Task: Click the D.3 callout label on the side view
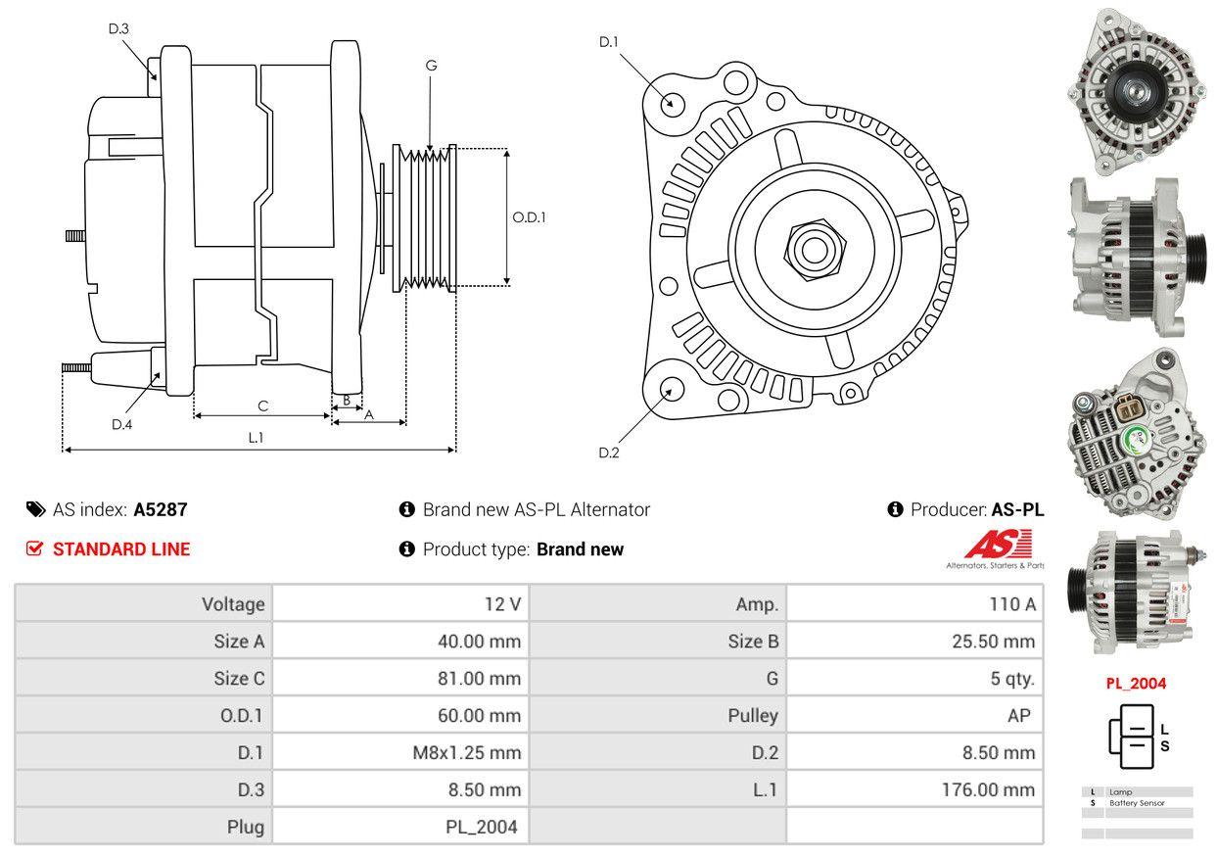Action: (118, 29)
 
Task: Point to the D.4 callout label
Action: (121, 424)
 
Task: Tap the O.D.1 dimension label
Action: (529, 217)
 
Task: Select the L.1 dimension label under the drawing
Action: (256, 438)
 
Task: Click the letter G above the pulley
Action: (431, 66)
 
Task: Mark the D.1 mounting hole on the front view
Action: (672, 102)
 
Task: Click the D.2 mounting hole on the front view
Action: (671, 389)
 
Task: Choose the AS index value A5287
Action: (161, 509)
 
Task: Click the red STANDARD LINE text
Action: (121, 549)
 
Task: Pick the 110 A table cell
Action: (1012, 604)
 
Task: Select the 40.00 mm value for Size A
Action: (479, 643)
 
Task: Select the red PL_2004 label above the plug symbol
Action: (1136, 684)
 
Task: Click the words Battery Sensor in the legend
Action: (1137, 803)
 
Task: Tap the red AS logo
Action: (1000, 545)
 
